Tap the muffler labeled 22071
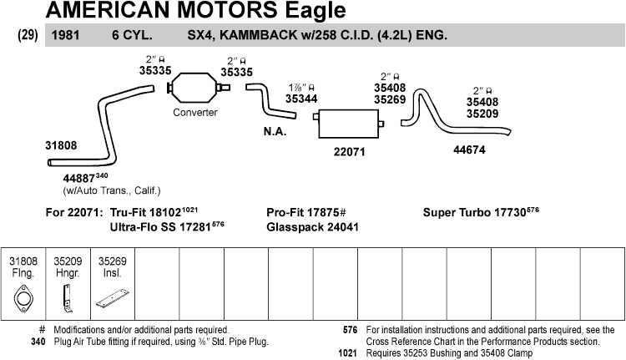coord(349,124)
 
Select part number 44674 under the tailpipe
coord(469,150)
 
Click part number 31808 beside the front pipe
coord(61,145)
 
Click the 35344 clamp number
coord(301,99)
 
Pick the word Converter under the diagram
coord(195,113)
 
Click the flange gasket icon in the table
coord(23,299)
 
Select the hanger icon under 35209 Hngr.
coord(68,295)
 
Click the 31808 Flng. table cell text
coord(23,266)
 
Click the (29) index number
coord(28,36)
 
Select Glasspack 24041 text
coord(312,227)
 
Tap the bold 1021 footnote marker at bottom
coord(350,352)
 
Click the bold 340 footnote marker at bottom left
coord(38,341)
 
